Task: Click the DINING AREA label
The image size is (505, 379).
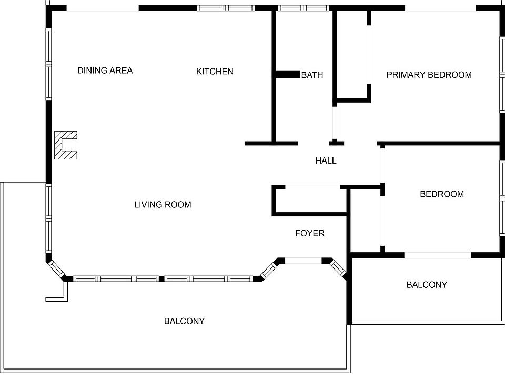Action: (x=105, y=71)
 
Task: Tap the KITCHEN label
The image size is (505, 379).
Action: (x=215, y=71)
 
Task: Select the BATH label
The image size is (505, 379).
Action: (x=312, y=75)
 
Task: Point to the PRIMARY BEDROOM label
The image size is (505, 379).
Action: (x=429, y=75)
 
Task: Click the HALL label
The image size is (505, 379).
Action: (x=326, y=161)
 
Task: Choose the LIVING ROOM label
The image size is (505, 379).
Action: (x=163, y=204)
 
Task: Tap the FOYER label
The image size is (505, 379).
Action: (x=309, y=233)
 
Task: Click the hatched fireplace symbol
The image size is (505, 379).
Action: (x=66, y=145)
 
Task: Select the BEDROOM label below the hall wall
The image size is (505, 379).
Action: (x=441, y=194)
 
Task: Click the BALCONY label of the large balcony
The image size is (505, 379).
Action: (x=184, y=321)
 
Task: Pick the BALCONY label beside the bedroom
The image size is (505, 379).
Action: (x=427, y=285)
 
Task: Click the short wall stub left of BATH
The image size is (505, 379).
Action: (x=287, y=75)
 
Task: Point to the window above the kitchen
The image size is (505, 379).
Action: (x=225, y=8)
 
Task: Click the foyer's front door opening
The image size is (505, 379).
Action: (x=303, y=261)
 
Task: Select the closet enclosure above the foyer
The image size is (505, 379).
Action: (x=309, y=200)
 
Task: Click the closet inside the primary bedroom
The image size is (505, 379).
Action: (x=351, y=55)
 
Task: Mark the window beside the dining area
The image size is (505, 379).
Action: (x=48, y=64)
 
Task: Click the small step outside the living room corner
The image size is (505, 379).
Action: (x=57, y=292)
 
